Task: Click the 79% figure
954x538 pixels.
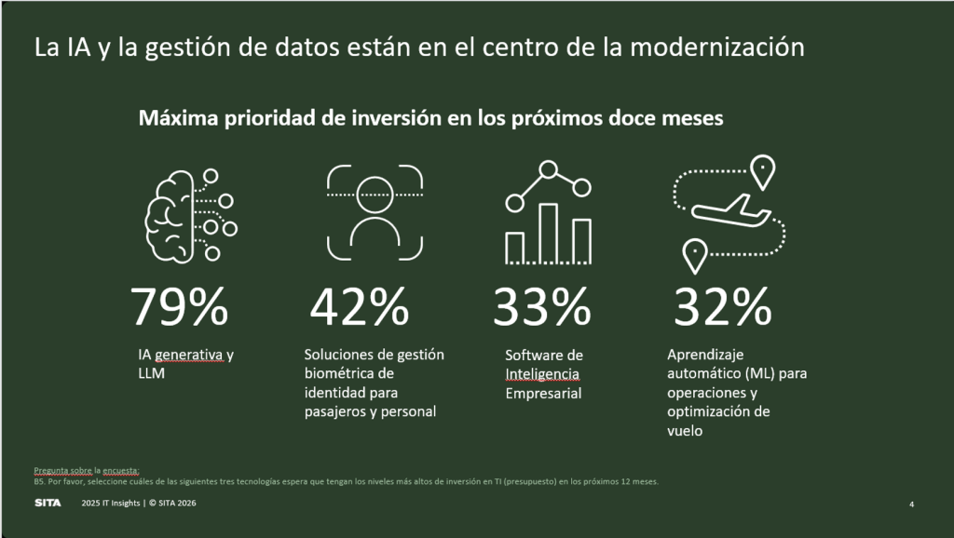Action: point(179,306)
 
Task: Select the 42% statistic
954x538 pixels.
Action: point(359,306)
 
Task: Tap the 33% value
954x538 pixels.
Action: point(541,306)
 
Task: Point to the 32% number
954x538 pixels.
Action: point(722,306)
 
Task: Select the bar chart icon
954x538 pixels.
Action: point(548,215)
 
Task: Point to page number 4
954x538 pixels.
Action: point(911,504)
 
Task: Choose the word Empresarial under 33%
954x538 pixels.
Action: point(543,393)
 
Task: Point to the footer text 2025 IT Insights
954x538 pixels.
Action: point(108,504)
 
